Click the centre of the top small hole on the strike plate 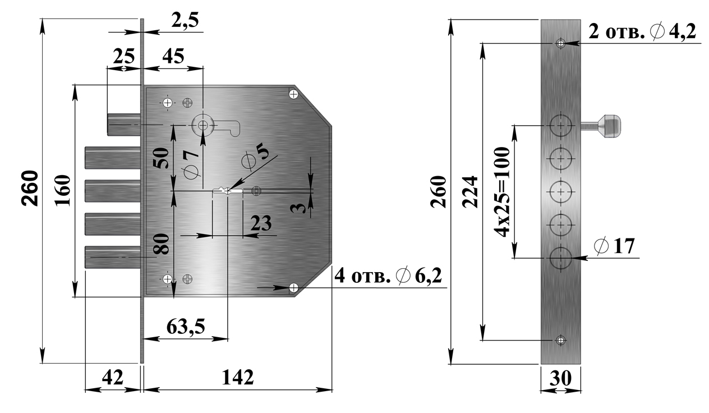tap(560, 43)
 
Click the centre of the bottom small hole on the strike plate tap(560, 340)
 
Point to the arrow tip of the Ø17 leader tap(573, 258)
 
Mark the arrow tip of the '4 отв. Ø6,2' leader tap(289, 287)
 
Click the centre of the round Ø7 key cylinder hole tap(203, 126)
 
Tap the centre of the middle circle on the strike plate tap(560, 192)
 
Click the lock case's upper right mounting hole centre tap(294, 94)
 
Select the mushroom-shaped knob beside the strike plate tap(601, 126)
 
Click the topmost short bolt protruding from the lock tap(124, 125)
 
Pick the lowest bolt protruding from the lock tap(113, 258)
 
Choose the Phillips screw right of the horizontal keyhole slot tap(256, 191)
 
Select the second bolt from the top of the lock tap(113, 158)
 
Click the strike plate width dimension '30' tap(560, 378)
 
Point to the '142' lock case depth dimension tap(238, 377)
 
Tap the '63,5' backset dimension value tap(186, 327)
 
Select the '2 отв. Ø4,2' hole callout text tap(642, 32)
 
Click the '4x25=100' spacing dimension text tap(502, 192)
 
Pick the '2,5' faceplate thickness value tap(185, 20)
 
